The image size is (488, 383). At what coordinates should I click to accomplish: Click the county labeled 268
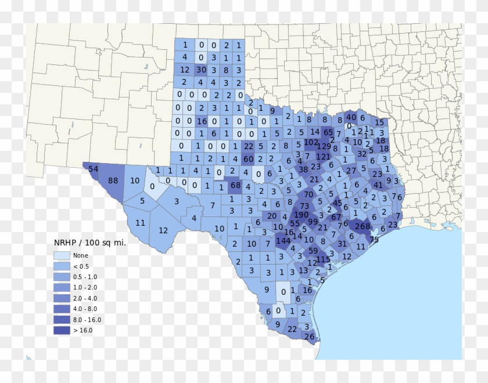point(363,226)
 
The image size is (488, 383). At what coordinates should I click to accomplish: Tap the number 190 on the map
point(302,215)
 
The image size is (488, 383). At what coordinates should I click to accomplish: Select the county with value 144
point(283,241)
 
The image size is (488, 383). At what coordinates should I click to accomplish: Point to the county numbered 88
point(113,180)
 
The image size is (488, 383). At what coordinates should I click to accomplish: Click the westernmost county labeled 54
point(94,168)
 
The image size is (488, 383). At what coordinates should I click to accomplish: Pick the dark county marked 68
point(235,186)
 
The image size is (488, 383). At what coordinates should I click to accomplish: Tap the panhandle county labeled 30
point(202,70)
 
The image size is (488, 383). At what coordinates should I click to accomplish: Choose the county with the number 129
point(324,146)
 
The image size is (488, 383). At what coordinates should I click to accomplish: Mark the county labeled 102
point(311,142)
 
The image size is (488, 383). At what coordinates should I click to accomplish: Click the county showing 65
point(328,132)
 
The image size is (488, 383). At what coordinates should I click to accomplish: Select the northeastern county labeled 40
point(351,117)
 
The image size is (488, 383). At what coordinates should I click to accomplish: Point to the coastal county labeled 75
point(374,240)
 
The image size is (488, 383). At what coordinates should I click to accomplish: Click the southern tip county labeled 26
point(309,337)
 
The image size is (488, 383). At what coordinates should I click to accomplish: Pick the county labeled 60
point(249,159)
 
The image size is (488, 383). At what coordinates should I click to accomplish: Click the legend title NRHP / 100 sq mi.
point(89,243)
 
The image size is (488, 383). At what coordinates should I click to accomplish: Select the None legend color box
point(62,255)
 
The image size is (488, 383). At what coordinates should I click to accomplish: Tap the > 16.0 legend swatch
point(62,330)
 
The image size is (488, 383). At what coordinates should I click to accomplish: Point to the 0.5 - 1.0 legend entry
point(85,277)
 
